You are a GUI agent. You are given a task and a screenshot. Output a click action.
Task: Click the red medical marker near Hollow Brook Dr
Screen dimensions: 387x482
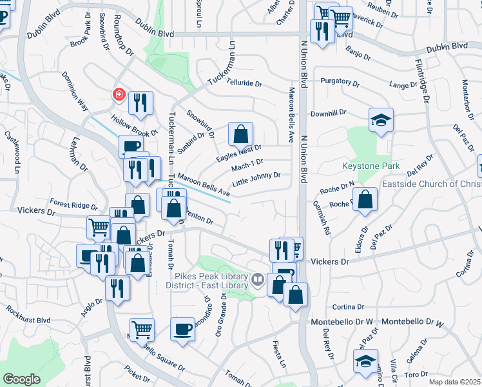[119, 95]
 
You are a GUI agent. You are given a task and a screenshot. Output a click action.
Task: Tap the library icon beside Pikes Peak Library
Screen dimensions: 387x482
[258, 279]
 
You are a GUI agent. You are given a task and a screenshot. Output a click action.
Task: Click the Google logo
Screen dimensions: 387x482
[21, 379]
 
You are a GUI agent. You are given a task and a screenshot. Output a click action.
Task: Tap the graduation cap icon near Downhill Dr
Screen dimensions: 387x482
[381, 120]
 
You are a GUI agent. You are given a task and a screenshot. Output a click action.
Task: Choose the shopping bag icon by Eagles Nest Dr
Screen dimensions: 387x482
[240, 134]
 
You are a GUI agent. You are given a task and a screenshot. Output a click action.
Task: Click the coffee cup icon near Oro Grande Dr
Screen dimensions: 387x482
[182, 329]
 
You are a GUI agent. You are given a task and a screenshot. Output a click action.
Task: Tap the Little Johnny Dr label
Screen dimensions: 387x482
[256, 177]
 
